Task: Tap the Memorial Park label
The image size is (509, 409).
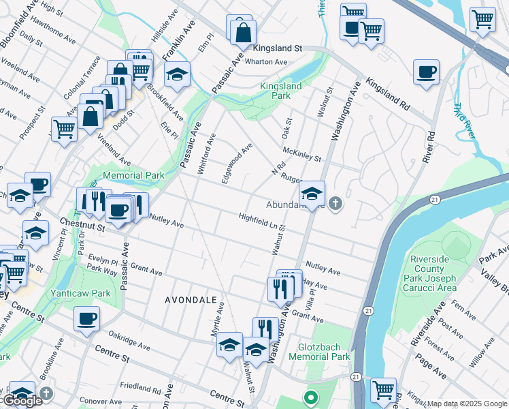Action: (133, 175)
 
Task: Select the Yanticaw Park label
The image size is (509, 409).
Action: (80, 294)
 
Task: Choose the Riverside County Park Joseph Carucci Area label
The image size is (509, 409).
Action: (443, 273)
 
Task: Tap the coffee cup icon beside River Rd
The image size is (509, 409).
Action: (426, 72)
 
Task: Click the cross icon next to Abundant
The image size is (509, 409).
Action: (335, 204)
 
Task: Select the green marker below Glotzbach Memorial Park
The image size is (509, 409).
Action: (310, 396)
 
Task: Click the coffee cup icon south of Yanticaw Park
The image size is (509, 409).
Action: (86, 318)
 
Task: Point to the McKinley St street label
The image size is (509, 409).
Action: (301, 155)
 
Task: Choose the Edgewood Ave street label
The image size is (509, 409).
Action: (237, 163)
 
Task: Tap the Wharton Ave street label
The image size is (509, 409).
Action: (266, 62)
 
